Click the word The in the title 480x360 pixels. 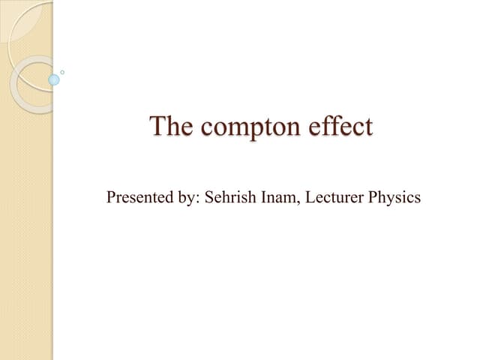point(170,126)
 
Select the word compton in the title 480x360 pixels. point(250,127)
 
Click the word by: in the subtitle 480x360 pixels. point(181,199)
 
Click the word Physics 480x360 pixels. point(393,199)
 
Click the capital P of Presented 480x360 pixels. point(111,198)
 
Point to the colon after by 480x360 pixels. point(192,200)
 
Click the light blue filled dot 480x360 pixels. point(53,79)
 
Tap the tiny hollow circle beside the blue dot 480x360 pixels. point(62,72)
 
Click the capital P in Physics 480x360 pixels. point(370,198)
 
